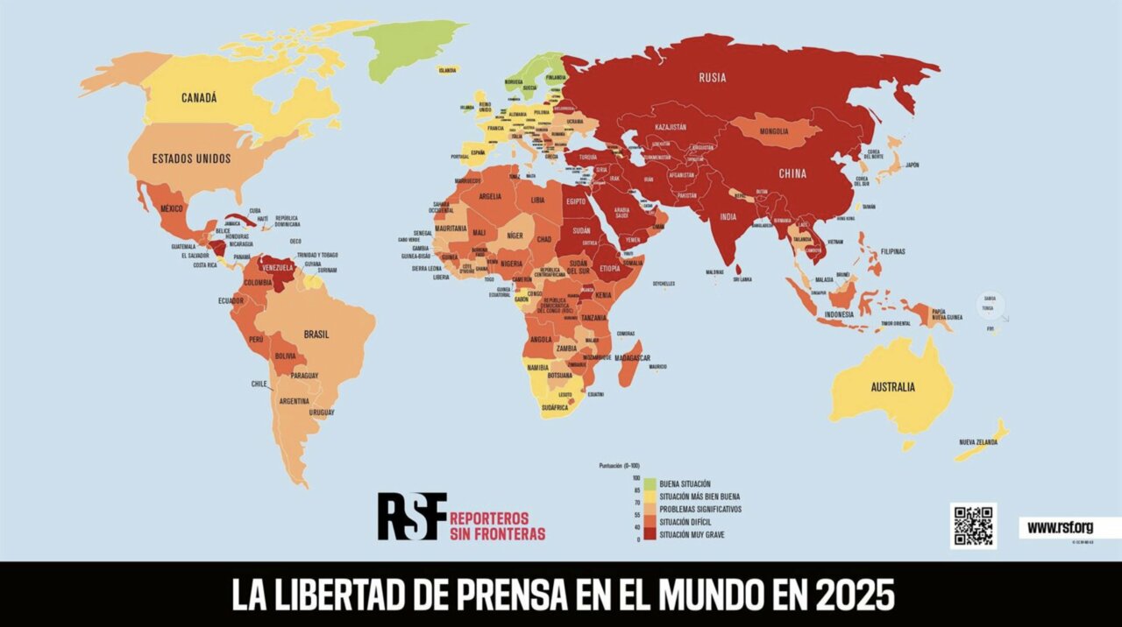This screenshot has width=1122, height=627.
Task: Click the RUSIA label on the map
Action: click(712, 77)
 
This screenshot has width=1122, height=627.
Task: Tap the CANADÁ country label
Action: click(199, 98)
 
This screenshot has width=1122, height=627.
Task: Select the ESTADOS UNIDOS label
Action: click(191, 159)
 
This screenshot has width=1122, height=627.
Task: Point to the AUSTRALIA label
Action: click(892, 387)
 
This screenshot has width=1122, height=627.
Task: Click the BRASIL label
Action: click(316, 335)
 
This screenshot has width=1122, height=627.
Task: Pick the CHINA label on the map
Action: click(792, 173)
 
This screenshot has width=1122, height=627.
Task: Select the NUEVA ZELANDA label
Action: click(978, 442)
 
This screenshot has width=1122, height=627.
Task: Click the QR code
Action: click(973, 525)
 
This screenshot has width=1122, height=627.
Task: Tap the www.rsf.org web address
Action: click(1060, 527)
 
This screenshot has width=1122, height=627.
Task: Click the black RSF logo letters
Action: click(412, 516)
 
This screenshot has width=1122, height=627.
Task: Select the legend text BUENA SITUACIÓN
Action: click(685, 483)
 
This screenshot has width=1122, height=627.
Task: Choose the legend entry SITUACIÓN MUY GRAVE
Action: click(692, 534)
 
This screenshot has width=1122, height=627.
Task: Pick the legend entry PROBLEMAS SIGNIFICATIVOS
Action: click(700, 509)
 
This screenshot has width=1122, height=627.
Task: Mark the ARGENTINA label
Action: click(294, 401)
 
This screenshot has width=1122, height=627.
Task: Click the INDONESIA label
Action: click(839, 314)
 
